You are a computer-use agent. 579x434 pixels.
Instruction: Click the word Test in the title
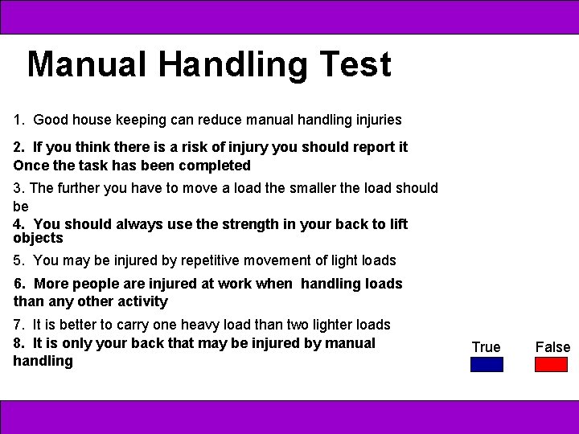(355, 64)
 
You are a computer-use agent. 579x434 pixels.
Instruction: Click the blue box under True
(487, 364)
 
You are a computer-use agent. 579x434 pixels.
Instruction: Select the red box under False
(551, 364)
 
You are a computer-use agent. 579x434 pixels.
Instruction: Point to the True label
(486, 347)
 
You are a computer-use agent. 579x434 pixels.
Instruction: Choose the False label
(552, 347)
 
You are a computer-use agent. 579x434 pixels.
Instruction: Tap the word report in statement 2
(361, 147)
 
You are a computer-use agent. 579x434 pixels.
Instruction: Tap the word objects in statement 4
(38, 238)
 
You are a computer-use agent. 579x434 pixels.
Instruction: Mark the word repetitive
(176, 260)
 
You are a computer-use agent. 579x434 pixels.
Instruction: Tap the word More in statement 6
(51, 284)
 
